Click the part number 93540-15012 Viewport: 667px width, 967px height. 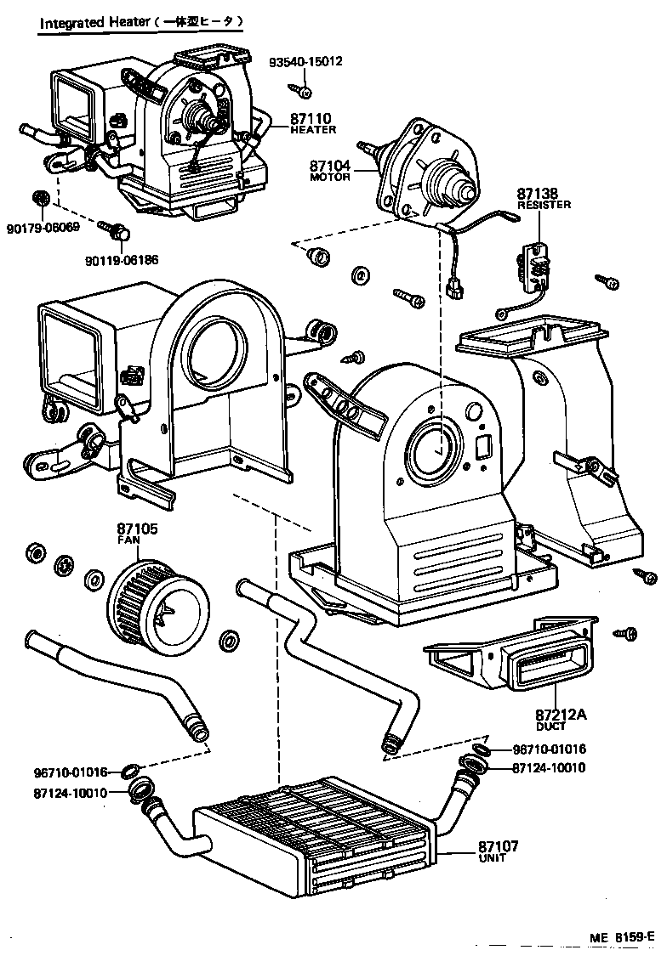coord(307,63)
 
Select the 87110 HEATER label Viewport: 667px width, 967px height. coord(312,123)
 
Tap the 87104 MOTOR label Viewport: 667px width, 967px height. coord(329,174)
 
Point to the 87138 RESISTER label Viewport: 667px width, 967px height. coord(544,199)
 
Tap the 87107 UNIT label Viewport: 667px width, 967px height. coord(498,851)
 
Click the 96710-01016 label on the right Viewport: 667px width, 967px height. coord(549,750)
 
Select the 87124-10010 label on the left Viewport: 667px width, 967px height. coord(70,793)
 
